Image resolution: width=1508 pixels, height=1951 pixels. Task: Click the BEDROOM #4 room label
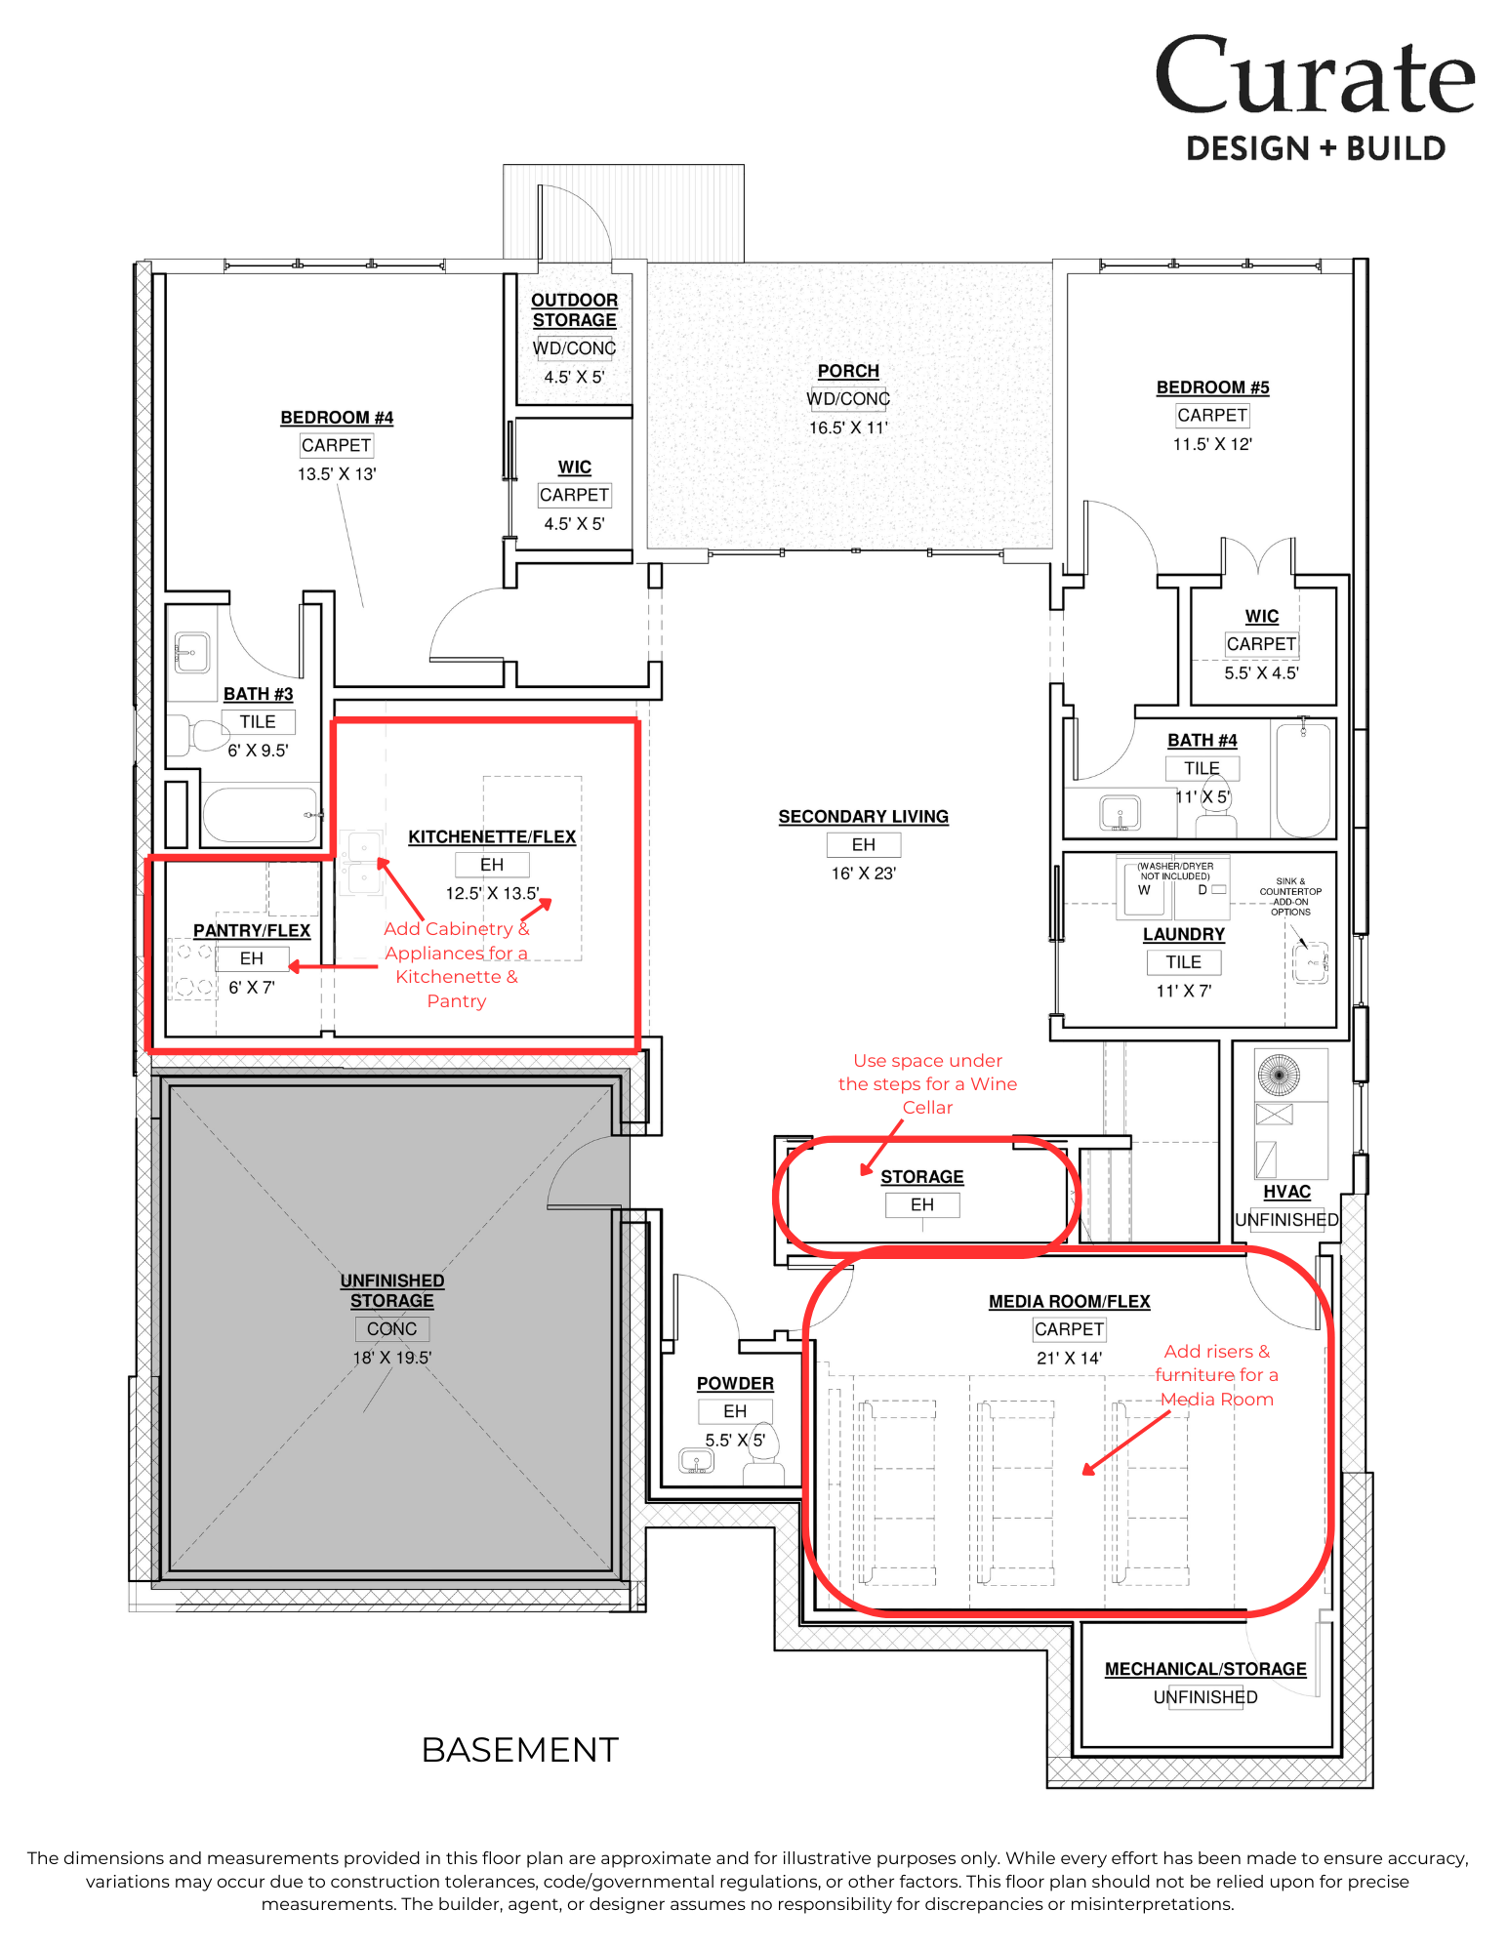337,418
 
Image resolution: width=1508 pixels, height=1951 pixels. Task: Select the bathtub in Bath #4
1303,780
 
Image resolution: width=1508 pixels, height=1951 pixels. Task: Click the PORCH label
848,371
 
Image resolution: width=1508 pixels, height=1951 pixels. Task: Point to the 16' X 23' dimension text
864,874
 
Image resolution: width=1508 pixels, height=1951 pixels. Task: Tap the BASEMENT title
520,1750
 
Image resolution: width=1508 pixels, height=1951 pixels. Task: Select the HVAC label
1286,1192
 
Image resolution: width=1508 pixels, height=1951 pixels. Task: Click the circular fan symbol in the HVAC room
1279,1075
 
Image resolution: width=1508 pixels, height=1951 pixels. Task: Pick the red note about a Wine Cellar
927,1083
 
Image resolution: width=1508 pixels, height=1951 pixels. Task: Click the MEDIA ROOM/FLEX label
1069,1301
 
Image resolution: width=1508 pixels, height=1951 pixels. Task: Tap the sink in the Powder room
696,1461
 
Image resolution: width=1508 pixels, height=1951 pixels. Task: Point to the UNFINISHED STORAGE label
392,1290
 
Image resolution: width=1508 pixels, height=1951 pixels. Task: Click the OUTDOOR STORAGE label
575,310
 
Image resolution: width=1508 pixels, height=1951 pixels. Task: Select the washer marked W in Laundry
1144,888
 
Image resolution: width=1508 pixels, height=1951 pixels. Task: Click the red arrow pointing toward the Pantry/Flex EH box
333,967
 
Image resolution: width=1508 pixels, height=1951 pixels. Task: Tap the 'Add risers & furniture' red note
1216,1375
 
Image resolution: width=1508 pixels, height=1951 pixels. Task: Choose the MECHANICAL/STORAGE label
1205,1669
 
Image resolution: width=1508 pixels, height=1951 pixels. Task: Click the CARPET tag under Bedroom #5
1212,415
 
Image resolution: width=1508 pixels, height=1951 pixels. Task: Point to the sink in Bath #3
191,653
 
